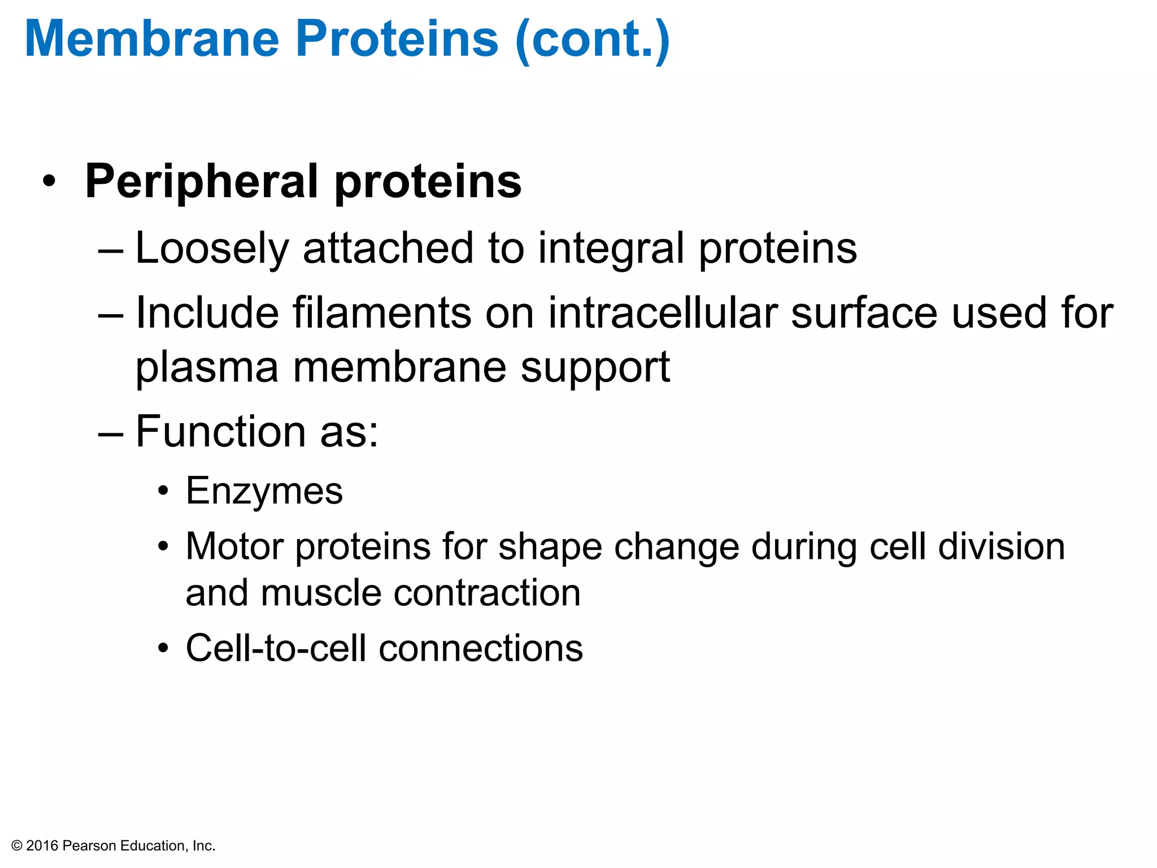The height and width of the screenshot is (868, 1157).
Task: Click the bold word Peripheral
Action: [202, 182]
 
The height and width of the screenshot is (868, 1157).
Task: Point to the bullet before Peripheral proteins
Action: [50, 182]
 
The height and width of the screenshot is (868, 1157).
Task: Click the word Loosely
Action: [212, 249]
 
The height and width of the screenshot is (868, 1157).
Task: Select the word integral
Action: [611, 249]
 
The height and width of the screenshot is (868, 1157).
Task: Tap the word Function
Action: [220, 432]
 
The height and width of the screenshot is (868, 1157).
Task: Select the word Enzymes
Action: [264, 491]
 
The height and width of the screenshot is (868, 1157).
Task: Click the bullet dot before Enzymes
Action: [163, 491]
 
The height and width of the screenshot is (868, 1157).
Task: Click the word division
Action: [1001, 546]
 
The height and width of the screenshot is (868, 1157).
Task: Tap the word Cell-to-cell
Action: [276, 648]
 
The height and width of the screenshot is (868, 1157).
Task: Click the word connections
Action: [481, 648]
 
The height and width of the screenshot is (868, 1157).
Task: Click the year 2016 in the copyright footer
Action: [42, 846]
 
